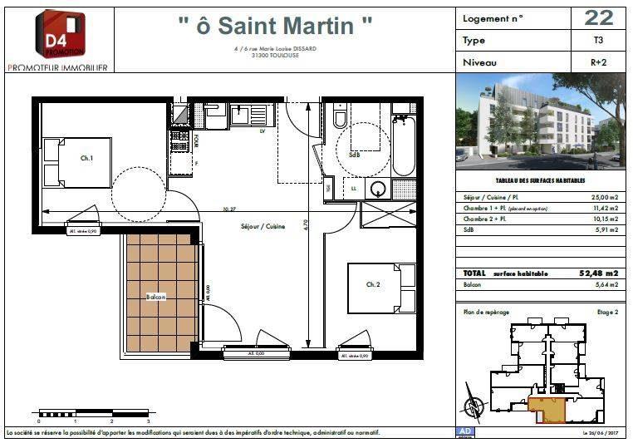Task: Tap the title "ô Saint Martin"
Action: pos(275,25)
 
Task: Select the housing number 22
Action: pos(598,17)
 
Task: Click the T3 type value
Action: pos(598,40)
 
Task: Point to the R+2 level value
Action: pos(598,62)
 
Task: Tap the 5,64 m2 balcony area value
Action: pos(605,285)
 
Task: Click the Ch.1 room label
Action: pos(86,158)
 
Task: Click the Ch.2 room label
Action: pos(373,284)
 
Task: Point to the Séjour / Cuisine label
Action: pos(263,226)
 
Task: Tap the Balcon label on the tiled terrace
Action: pos(155,298)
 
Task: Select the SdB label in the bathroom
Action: pos(355,155)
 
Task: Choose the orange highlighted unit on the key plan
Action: pos(545,406)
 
